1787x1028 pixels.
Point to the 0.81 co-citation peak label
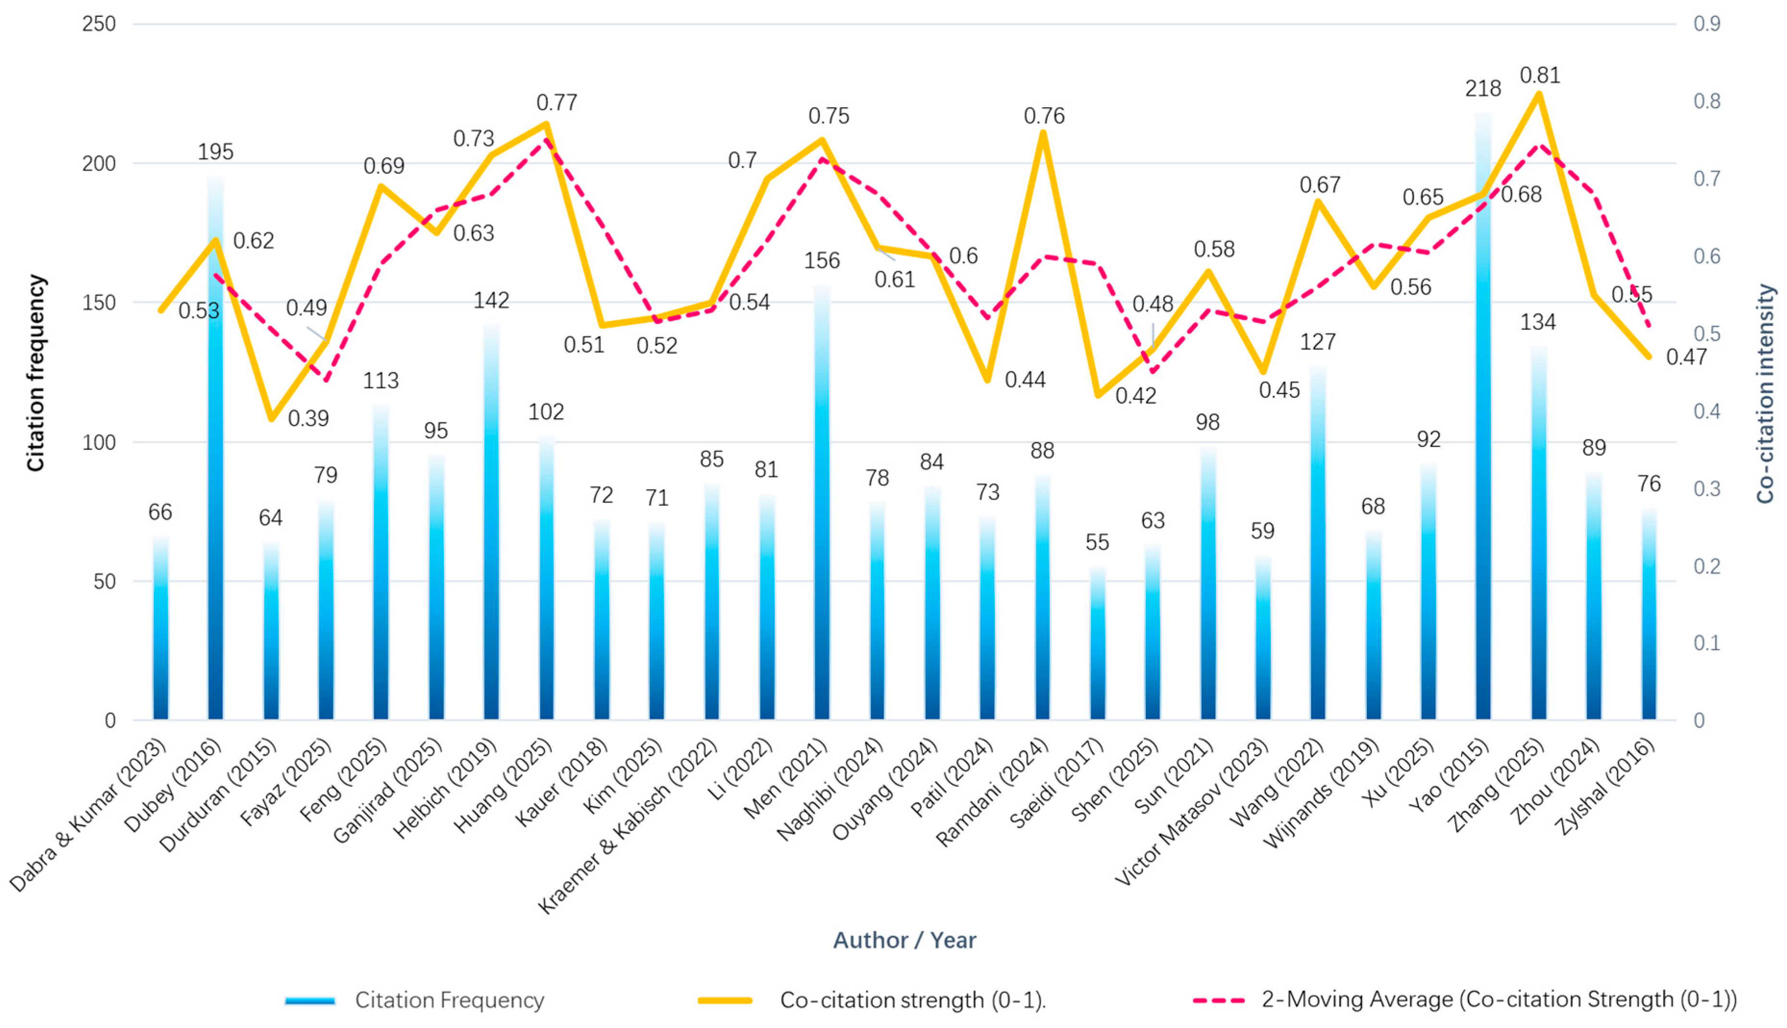1540,75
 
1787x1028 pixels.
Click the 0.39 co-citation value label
309,419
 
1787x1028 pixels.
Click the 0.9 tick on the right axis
1707,24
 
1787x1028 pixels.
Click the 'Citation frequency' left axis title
36,373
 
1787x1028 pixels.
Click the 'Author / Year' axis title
905,941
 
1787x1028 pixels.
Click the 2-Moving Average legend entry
1465,1000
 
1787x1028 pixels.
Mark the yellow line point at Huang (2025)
546,125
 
